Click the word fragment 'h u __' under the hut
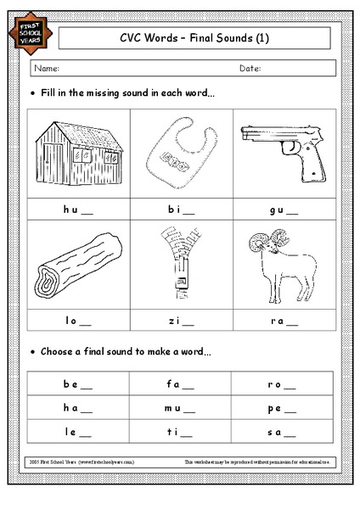click(76, 208)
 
